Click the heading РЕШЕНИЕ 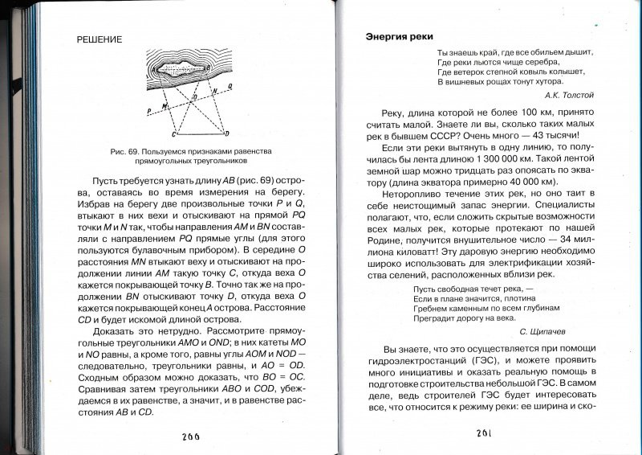click(92, 39)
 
